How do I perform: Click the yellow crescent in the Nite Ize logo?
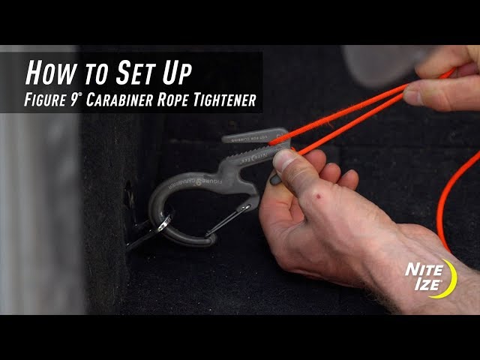click(449, 277)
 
